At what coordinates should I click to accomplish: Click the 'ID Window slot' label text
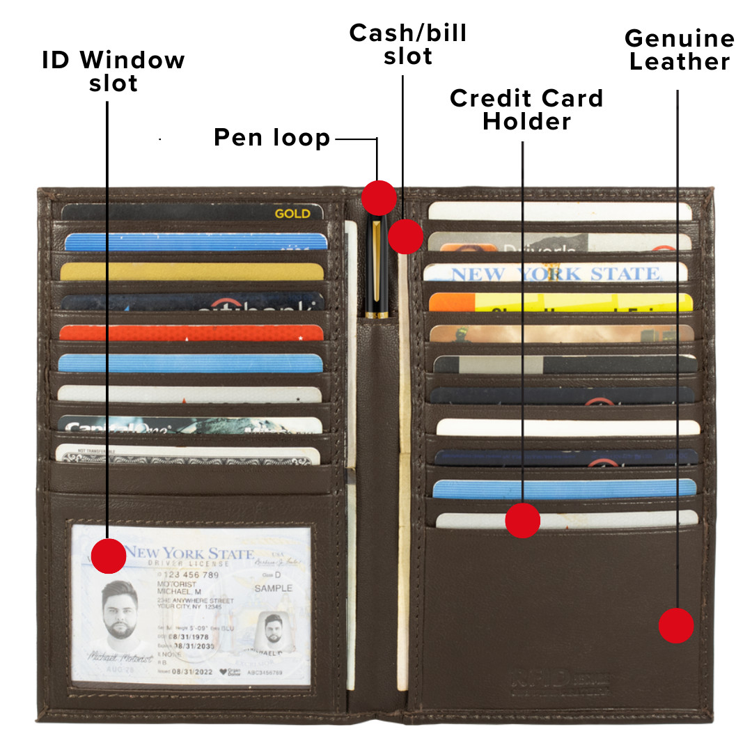coord(113,72)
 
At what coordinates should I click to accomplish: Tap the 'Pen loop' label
coord(272,138)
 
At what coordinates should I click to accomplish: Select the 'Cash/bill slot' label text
coord(408,45)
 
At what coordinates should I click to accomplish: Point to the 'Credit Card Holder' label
coord(526,109)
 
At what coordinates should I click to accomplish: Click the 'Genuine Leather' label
coord(680,50)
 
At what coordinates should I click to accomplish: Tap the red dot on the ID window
coord(109,556)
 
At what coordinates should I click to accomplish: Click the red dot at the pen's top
coord(379,198)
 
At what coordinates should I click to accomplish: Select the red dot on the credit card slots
coord(522,520)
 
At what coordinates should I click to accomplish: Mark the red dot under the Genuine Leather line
coord(676,625)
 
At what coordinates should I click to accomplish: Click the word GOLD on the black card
coord(292,214)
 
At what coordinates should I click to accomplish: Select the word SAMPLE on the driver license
coord(274,588)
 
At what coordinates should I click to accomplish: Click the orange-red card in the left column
coord(191,332)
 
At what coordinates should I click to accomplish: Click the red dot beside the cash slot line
coord(406,236)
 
